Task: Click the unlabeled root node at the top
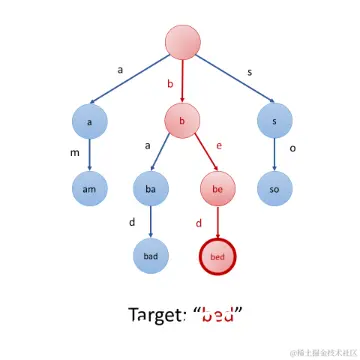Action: click(183, 42)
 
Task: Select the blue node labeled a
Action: click(90, 122)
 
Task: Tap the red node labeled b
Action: click(182, 121)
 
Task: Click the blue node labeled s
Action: click(275, 121)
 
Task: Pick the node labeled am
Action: click(90, 189)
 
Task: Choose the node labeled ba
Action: click(151, 189)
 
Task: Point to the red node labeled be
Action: click(218, 189)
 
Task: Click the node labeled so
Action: click(275, 189)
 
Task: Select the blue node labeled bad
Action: click(151, 256)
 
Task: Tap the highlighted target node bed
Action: click(218, 257)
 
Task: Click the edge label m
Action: click(75, 154)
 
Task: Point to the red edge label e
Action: click(219, 146)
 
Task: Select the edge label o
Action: click(292, 148)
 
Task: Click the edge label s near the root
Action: click(249, 73)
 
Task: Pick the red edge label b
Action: click(170, 84)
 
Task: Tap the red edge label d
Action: click(199, 223)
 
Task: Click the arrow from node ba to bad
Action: click(151, 222)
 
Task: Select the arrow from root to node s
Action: click(235, 79)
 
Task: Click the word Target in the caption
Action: click(156, 316)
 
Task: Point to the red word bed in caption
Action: click(218, 315)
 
